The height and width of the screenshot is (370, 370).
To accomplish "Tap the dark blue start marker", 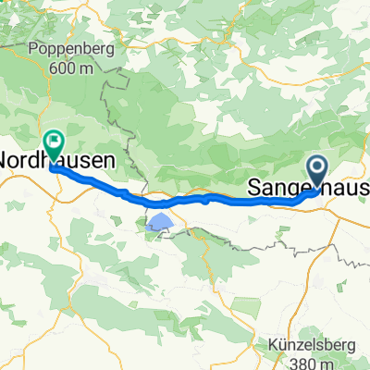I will pyautogui.click(x=317, y=169).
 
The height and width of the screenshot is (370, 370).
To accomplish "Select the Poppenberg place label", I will pyautogui.click(x=60, y=48).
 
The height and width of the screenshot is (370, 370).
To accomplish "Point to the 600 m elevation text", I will pyautogui.click(x=59, y=65).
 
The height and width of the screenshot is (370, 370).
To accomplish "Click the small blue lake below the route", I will pyautogui.click(x=159, y=222).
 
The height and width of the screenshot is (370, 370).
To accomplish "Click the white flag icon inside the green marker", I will pyautogui.click(x=54, y=142).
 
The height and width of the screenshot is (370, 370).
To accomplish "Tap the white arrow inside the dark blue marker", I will pyautogui.click(x=317, y=167).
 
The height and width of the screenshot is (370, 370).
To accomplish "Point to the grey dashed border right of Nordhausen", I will pyautogui.click(x=118, y=120).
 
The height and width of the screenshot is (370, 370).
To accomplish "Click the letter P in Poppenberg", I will pyautogui.click(x=33, y=48).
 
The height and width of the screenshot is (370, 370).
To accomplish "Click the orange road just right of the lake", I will pyautogui.click(x=179, y=222).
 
